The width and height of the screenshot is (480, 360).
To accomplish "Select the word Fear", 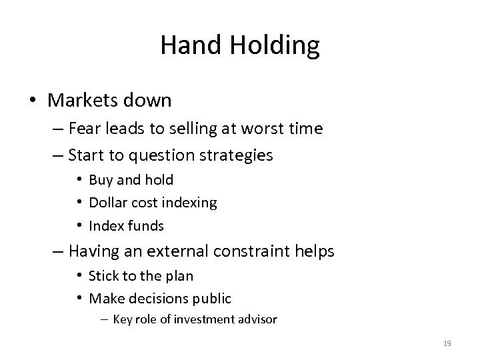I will [83, 129].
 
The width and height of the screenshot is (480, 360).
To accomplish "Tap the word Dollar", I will [107, 202].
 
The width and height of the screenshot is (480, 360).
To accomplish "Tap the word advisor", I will [256, 319].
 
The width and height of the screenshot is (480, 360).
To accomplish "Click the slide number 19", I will [447, 343].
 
